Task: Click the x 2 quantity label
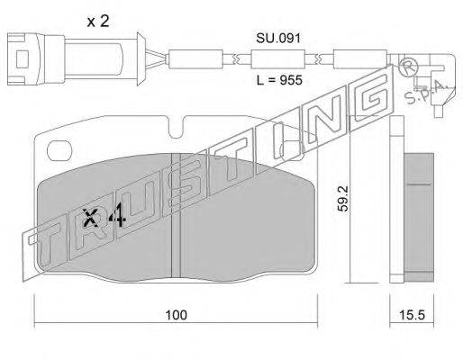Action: tap(98, 22)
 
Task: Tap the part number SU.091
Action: tap(278, 39)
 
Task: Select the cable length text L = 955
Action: tap(279, 80)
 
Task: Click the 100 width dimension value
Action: tap(177, 315)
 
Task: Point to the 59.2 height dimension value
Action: tap(342, 198)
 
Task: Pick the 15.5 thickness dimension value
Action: tap(412, 315)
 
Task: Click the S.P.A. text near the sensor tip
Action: tap(426, 93)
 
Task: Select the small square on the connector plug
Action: tap(22, 59)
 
